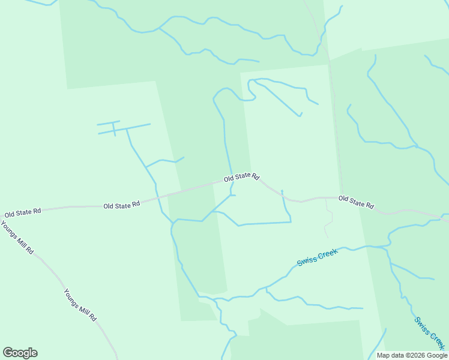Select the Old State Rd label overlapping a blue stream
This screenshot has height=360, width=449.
(241, 178)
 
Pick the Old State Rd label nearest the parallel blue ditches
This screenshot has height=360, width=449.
(121, 205)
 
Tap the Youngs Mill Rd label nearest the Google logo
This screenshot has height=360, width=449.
(80, 305)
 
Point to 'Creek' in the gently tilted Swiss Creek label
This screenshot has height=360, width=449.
(328, 253)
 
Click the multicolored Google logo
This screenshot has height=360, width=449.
(20, 353)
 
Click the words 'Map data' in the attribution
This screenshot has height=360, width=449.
(391, 355)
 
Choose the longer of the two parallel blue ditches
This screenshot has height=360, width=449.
(124, 129)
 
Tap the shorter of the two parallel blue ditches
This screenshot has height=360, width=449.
(109, 124)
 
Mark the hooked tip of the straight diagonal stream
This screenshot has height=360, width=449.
(300, 115)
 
